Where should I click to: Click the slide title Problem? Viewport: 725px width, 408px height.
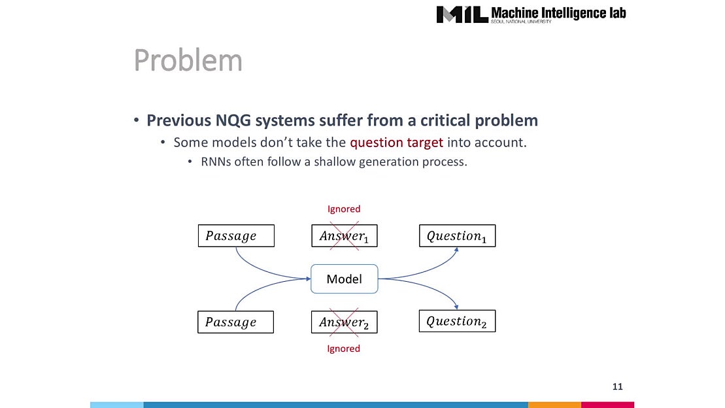pos(188,61)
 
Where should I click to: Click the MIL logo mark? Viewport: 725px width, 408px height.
pos(462,14)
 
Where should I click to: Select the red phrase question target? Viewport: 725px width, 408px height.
pos(396,142)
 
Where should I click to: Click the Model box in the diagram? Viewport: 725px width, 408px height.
pos(344,279)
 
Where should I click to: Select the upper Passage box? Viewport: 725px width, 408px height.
pos(236,236)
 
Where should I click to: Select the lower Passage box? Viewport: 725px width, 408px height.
pos(235,322)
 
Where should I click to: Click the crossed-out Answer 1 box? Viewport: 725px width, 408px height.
pos(344,236)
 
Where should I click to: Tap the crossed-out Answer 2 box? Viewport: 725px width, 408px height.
pos(344,322)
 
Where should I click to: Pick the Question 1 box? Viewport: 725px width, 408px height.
pos(456,236)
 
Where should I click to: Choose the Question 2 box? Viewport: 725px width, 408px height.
pos(456,321)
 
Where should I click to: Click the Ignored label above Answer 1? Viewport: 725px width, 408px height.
pos(344,209)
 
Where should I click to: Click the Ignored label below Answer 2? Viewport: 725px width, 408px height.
pos(344,348)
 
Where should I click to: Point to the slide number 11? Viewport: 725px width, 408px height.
pos(617,386)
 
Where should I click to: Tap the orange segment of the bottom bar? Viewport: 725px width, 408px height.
pos(554,405)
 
